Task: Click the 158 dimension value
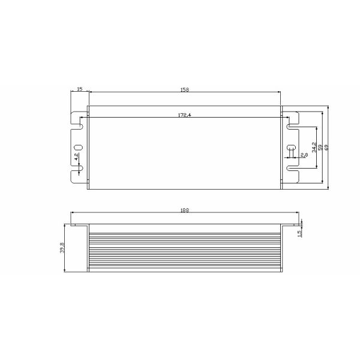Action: tap(185, 89)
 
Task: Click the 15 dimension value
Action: tap(79, 89)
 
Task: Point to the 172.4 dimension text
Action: tap(184, 115)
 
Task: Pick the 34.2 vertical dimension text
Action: tap(313, 147)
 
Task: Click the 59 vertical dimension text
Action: tap(320, 147)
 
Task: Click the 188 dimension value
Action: tap(185, 210)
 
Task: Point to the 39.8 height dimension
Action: tap(62, 247)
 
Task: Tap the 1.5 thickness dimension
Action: tap(299, 232)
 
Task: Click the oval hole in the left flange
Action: tap(78, 148)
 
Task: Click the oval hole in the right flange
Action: tap(291, 148)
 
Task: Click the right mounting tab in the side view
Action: tap(290, 226)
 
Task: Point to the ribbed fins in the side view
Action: tap(185, 252)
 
